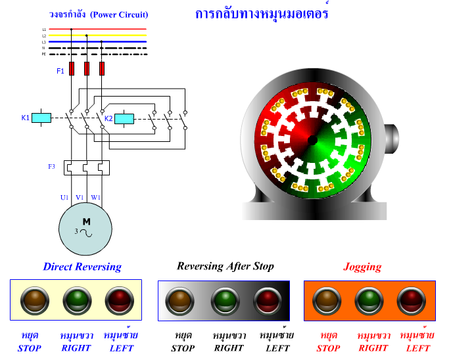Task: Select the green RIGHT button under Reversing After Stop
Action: (x=224, y=301)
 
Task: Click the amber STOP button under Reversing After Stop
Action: (x=179, y=301)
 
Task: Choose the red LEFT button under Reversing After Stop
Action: (x=268, y=301)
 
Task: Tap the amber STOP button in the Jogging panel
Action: (x=327, y=301)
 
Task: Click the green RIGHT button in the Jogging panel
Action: (x=369, y=301)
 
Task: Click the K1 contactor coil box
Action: (x=42, y=118)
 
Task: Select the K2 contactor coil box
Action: (x=124, y=119)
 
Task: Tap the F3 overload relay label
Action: (x=52, y=167)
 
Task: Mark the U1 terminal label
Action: (x=64, y=197)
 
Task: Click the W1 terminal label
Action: (x=96, y=197)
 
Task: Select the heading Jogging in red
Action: (x=362, y=267)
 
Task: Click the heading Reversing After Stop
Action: (x=225, y=266)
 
